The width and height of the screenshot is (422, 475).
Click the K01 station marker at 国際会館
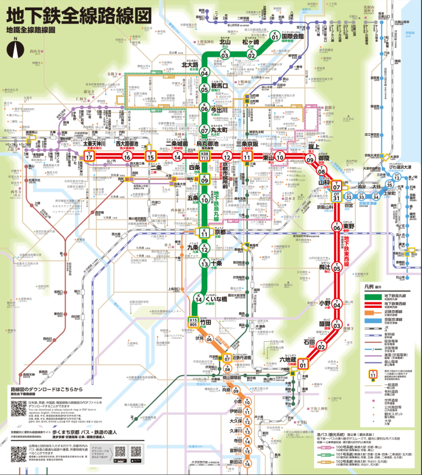(x=275, y=36)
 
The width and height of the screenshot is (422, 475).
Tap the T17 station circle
(x=88, y=156)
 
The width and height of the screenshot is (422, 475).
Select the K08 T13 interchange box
(x=204, y=156)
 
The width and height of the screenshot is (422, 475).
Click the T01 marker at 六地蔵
(x=303, y=363)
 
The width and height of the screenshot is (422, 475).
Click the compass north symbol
(x=15, y=48)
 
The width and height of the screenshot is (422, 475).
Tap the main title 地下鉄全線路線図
(x=79, y=14)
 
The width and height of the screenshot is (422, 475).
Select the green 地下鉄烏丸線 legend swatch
(x=371, y=296)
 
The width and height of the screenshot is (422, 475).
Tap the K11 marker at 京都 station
(x=204, y=232)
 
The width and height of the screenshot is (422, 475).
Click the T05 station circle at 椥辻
(x=337, y=268)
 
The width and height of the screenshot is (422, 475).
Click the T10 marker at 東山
(x=280, y=157)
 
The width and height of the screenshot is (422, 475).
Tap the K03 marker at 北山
(x=225, y=55)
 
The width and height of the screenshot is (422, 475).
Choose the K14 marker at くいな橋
(x=198, y=299)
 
